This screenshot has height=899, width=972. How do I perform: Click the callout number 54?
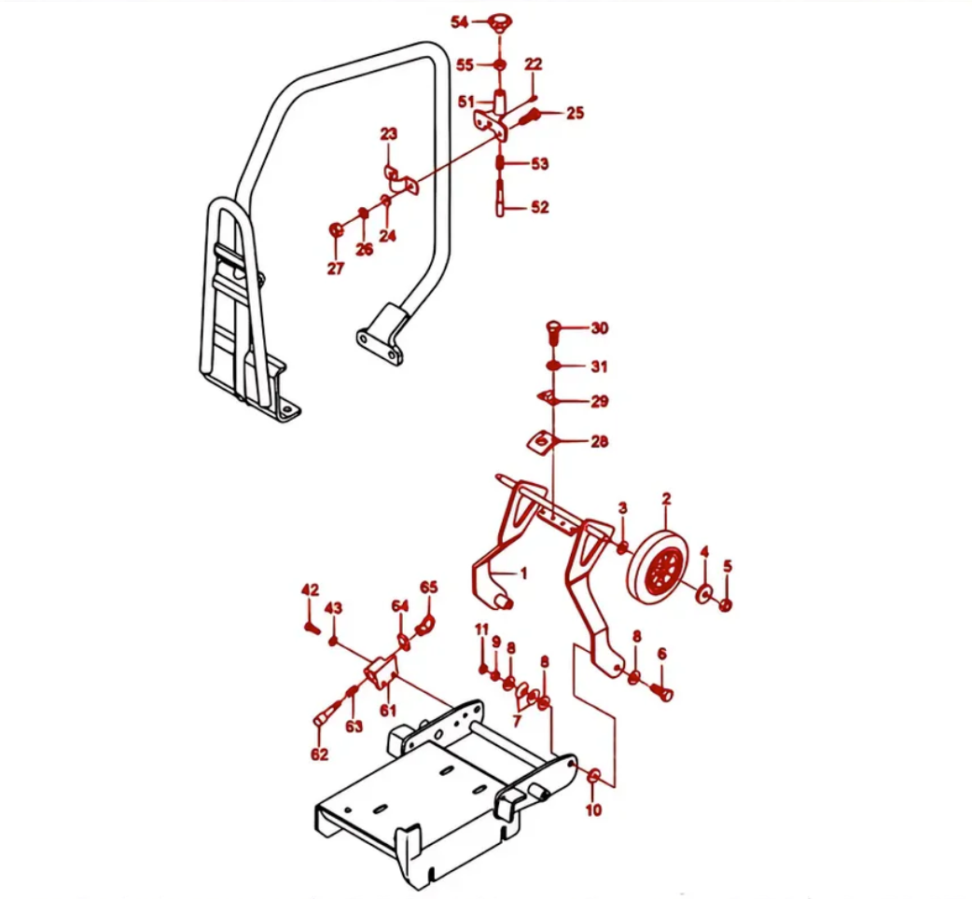(460, 22)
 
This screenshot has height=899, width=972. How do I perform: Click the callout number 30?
(598, 328)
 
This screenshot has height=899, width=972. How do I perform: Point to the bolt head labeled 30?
(551, 328)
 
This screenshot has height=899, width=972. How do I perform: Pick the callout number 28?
(598, 441)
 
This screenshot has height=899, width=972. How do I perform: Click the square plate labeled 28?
(542, 441)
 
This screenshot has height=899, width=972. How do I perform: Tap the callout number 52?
(539, 207)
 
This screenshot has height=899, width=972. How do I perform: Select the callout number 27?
(335, 269)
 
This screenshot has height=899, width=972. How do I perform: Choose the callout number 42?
(310, 589)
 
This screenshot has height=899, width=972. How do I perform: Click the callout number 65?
(428, 587)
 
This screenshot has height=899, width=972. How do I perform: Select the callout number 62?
(319, 753)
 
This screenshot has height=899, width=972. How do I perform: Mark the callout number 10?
(593, 809)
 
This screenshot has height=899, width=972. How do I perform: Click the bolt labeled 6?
(665, 693)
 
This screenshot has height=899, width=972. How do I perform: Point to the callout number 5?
(728, 566)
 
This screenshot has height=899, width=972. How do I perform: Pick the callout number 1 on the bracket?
(523, 574)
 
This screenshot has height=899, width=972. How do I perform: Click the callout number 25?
(575, 113)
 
